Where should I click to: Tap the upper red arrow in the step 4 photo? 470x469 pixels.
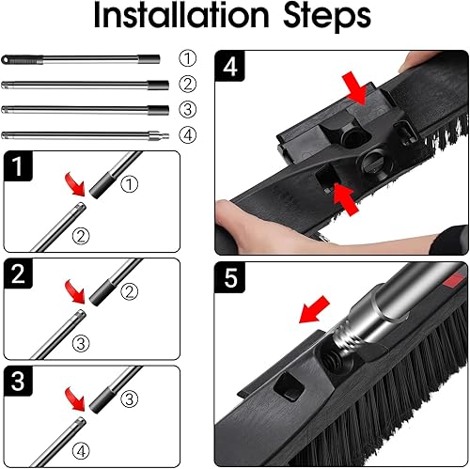click(x=355, y=92)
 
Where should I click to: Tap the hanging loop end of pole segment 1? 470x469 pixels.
click(x=10, y=58)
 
